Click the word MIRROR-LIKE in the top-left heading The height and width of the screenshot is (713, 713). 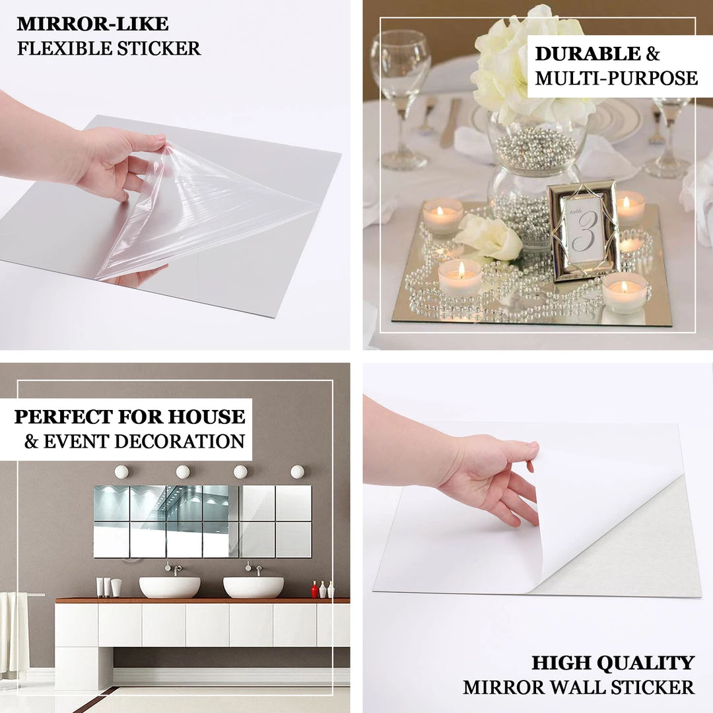(92, 24)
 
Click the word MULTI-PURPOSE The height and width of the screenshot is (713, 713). (616, 79)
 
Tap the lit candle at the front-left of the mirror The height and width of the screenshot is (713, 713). (460, 277)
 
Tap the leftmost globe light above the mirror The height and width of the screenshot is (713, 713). (121, 471)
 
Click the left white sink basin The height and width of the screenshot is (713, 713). (170, 586)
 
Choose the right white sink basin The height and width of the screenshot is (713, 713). (254, 586)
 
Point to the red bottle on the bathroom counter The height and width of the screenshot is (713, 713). (315, 590)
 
